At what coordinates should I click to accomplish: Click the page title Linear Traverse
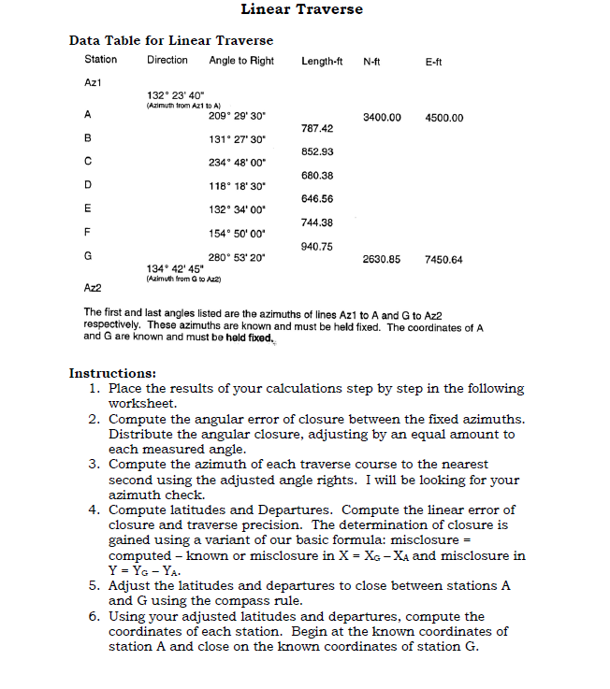(x=301, y=10)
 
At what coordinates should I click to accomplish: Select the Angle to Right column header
(x=241, y=61)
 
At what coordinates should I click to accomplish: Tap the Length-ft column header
(x=324, y=61)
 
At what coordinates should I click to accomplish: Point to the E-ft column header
(x=433, y=61)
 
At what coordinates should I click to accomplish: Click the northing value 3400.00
(x=382, y=118)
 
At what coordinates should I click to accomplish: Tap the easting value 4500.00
(x=443, y=118)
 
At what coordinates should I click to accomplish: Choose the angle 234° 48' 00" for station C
(x=238, y=162)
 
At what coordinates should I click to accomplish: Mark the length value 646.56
(x=318, y=198)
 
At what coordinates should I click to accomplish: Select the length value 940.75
(x=318, y=246)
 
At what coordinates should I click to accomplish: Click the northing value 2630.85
(x=382, y=258)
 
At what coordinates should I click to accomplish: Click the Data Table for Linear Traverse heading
(x=171, y=41)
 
